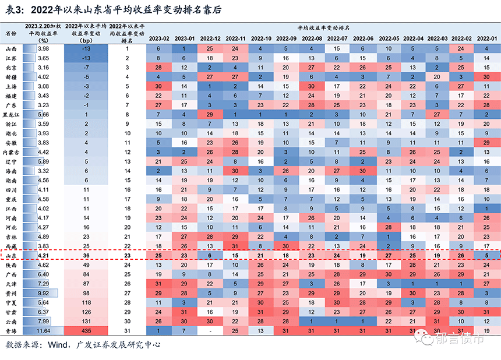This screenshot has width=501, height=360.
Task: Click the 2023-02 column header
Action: point(158,38)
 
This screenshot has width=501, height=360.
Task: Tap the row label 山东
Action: point(11,255)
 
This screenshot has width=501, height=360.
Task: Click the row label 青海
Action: point(11,331)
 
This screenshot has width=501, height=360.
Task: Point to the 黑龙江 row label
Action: point(11,115)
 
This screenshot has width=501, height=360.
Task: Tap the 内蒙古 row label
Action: point(11,153)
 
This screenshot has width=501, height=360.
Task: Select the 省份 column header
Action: point(11,34)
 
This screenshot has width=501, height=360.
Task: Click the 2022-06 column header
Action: point(364,38)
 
